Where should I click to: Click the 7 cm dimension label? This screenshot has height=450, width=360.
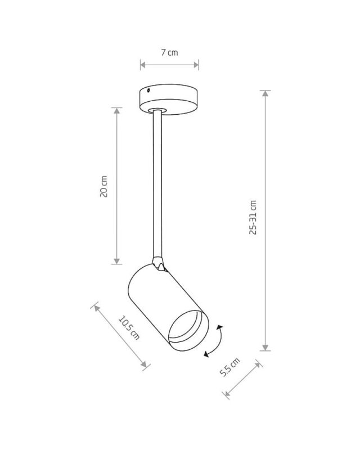coord(169,52)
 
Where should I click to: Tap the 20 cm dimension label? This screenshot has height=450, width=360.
coord(103,186)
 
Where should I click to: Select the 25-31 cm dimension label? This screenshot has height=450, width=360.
coord(253,217)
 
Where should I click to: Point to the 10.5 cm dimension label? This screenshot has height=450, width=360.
coord(129,328)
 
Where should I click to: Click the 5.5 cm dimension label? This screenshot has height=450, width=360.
coord(229,367)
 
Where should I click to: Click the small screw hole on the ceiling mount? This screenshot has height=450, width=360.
coord(148,91)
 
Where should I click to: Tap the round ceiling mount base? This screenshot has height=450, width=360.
coord(169,99)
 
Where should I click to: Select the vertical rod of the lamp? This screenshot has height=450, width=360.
coord(157,184)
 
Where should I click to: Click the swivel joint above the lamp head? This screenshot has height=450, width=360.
coord(159,263)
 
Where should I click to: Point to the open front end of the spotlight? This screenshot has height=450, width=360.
coord(188,330)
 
